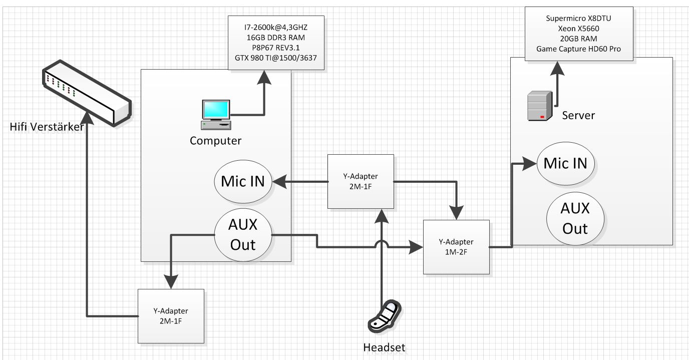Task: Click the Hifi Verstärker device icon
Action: pos(86,92)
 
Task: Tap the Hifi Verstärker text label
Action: pos(47,127)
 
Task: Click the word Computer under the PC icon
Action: pos(215,141)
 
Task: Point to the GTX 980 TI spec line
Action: pos(276,58)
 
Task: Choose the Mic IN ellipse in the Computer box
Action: pos(243,182)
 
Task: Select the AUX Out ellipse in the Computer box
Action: pos(243,234)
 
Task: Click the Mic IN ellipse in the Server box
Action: pos(565,163)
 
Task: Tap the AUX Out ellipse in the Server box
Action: pos(574,218)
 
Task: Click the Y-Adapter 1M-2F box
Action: pos(456,247)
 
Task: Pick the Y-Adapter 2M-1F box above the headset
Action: pos(361,181)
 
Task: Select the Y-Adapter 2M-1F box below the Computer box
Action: pos(171,316)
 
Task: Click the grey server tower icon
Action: pos(540,106)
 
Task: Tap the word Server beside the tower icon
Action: pos(578,116)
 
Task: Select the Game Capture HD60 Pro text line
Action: pos(578,49)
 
